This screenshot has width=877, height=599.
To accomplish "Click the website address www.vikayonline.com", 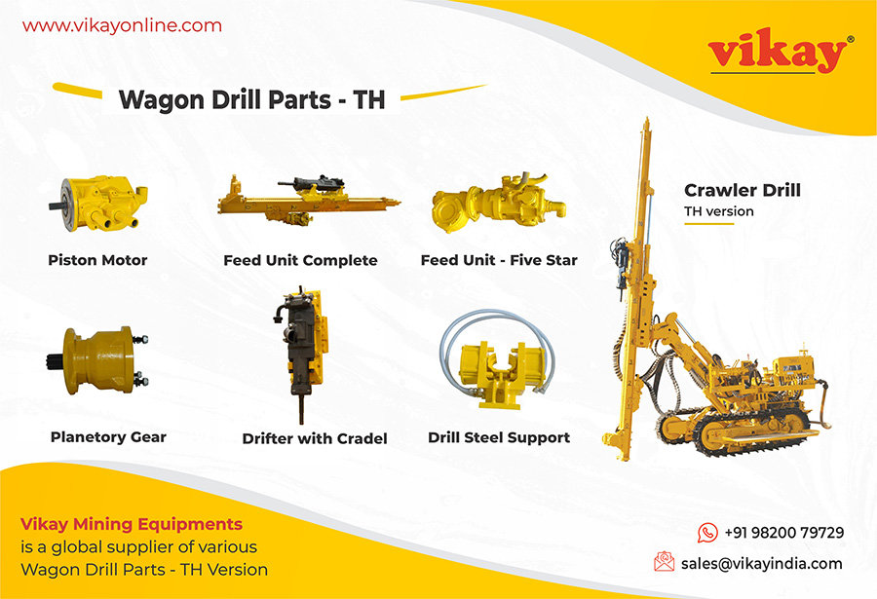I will pyautogui.click(x=122, y=26).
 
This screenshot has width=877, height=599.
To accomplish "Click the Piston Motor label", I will pyautogui.click(x=97, y=260).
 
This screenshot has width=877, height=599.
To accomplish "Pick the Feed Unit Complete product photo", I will pyautogui.click(x=306, y=199).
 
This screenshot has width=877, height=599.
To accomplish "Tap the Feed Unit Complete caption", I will pyautogui.click(x=300, y=260).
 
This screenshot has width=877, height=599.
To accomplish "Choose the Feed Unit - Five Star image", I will pyautogui.click(x=498, y=203).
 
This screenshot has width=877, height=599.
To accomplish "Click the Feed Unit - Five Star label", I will pyautogui.click(x=499, y=260).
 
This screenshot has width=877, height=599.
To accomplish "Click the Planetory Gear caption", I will pyautogui.click(x=108, y=437).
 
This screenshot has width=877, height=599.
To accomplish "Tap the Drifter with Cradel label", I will pyautogui.click(x=315, y=438).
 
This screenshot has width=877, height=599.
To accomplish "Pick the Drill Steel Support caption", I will pyautogui.click(x=499, y=437).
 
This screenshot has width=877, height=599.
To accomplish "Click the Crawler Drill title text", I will pyautogui.click(x=743, y=190).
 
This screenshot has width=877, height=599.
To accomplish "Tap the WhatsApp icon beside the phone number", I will pyautogui.click(x=707, y=533).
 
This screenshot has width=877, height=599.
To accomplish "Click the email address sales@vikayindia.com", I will pyautogui.click(x=762, y=563).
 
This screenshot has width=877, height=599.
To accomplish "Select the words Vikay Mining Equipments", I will pyautogui.click(x=132, y=525).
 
